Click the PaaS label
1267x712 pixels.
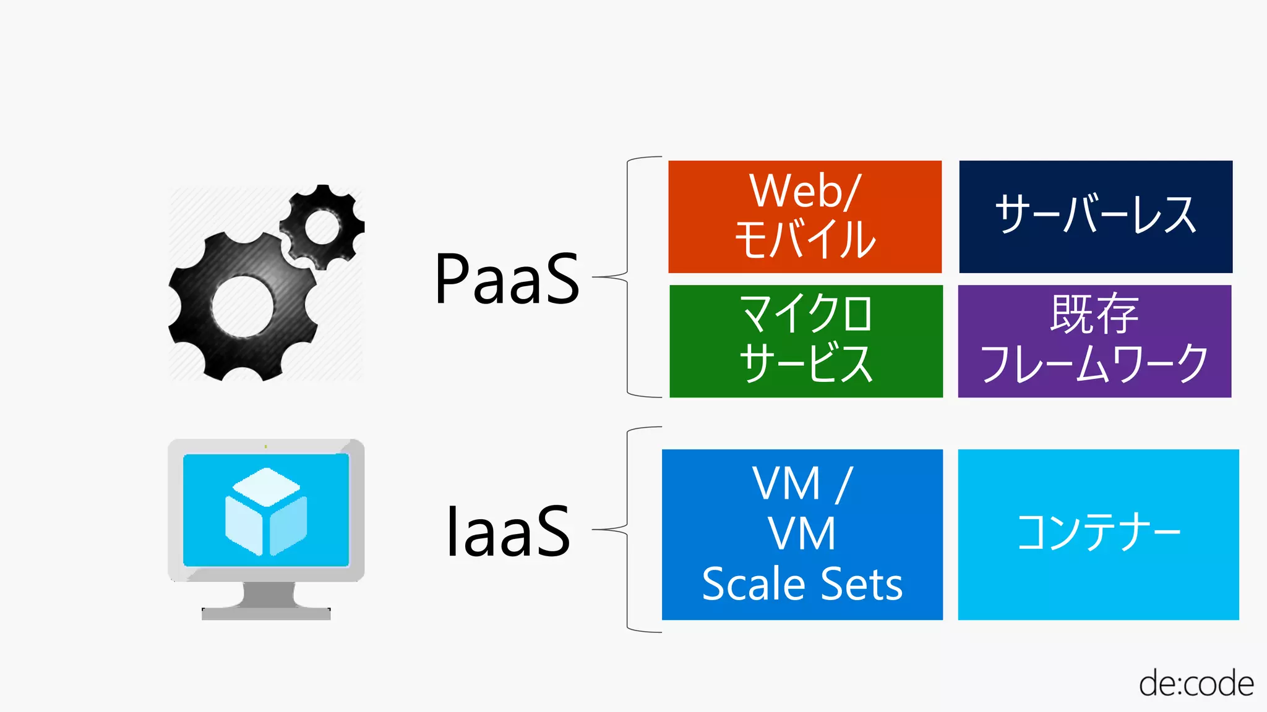click(507, 279)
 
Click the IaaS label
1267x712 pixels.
click(507, 532)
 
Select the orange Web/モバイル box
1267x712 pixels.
click(805, 216)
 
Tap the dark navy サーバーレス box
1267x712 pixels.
click(1095, 216)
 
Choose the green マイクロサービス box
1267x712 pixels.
click(805, 341)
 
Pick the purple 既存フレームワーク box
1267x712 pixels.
click(1094, 341)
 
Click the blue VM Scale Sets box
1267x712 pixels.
click(802, 534)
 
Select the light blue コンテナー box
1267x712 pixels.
click(1098, 534)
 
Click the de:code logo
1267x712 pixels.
click(1195, 684)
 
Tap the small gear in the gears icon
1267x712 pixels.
click(322, 226)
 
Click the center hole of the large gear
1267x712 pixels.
click(243, 307)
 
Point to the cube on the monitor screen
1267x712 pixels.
click(266, 511)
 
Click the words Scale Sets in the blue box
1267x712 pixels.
click(802, 584)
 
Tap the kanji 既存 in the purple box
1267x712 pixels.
click(1094, 315)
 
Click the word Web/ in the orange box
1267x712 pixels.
click(804, 191)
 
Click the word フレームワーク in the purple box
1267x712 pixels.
click(1094, 364)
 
